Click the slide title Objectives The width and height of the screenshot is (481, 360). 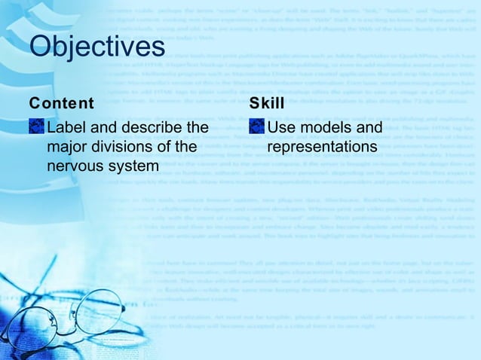[97, 47]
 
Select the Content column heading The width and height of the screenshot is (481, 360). [61, 103]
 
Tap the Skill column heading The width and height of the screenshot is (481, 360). [262, 103]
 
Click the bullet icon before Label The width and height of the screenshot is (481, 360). [35, 127]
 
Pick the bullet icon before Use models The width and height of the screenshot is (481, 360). [256, 127]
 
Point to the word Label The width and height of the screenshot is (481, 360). [66, 127]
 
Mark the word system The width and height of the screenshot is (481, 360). [135, 165]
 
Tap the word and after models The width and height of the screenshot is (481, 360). [369, 127]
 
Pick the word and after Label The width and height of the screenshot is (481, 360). [105, 127]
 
